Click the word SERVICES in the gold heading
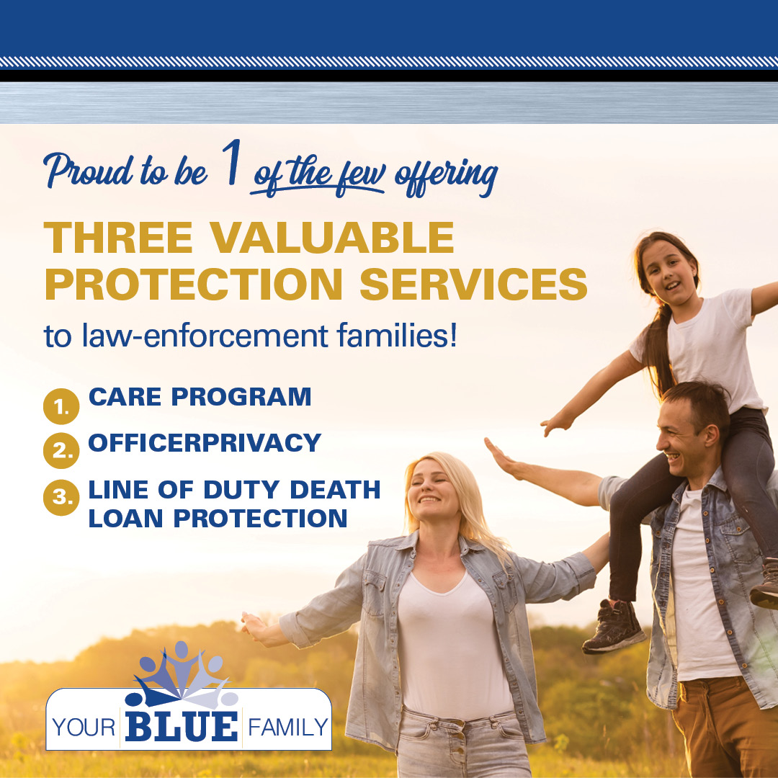click(x=473, y=285)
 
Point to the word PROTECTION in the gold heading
click(x=194, y=285)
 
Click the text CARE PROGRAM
click(x=200, y=397)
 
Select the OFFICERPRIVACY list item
click(x=205, y=443)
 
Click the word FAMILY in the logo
click(x=287, y=728)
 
